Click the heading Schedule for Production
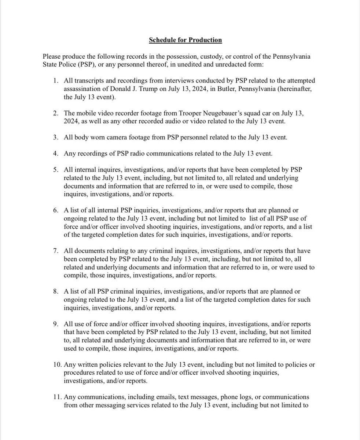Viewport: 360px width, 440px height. pos(185,40)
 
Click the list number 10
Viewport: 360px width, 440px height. pos(57,364)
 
